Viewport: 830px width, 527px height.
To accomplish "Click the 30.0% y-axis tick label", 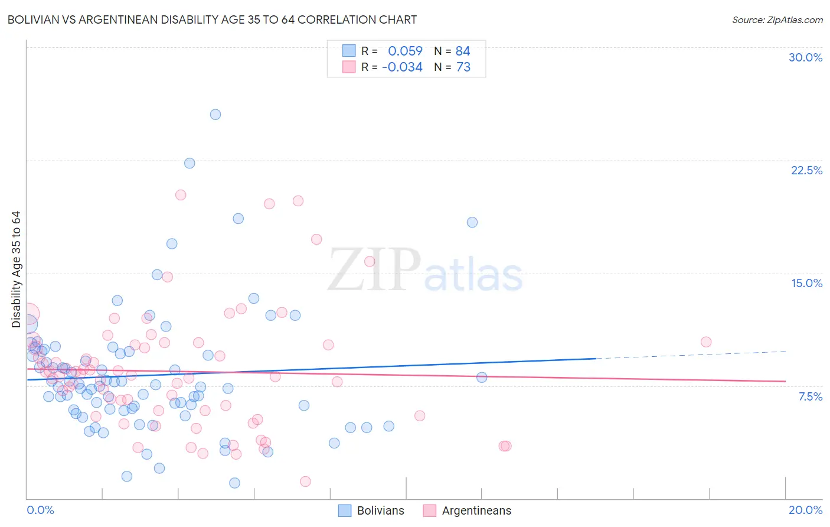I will [x=805, y=57].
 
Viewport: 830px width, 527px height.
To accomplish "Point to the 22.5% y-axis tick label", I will [x=806, y=170].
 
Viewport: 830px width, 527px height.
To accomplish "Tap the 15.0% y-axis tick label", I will [x=806, y=283].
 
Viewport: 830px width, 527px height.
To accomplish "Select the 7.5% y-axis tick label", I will [x=810, y=396].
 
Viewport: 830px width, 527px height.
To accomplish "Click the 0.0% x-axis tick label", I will [x=40, y=510].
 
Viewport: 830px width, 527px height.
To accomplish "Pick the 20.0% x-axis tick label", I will [x=805, y=510].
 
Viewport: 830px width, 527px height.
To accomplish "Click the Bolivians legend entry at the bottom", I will [x=371, y=510].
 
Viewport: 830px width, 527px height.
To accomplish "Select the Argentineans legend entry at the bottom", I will [x=468, y=510].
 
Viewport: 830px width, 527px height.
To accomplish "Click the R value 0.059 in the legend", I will [x=405, y=51].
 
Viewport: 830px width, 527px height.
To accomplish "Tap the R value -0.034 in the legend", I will [x=402, y=67].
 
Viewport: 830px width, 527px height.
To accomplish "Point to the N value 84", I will [x=463, y=51].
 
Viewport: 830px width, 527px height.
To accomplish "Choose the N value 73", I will [x=463, y=67].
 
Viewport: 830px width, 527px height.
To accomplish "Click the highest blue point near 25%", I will [x=215, y=115].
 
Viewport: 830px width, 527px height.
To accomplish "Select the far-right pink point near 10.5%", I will [x=706, y=342].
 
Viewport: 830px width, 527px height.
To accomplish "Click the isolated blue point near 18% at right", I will [x=472, y=222].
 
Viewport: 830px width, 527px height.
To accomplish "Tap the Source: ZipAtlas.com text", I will [x=777, y=20].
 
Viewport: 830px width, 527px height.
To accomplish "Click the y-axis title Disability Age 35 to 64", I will [x=16, y=269].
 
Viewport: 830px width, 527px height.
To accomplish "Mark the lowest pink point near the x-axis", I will [x=305, y=482].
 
